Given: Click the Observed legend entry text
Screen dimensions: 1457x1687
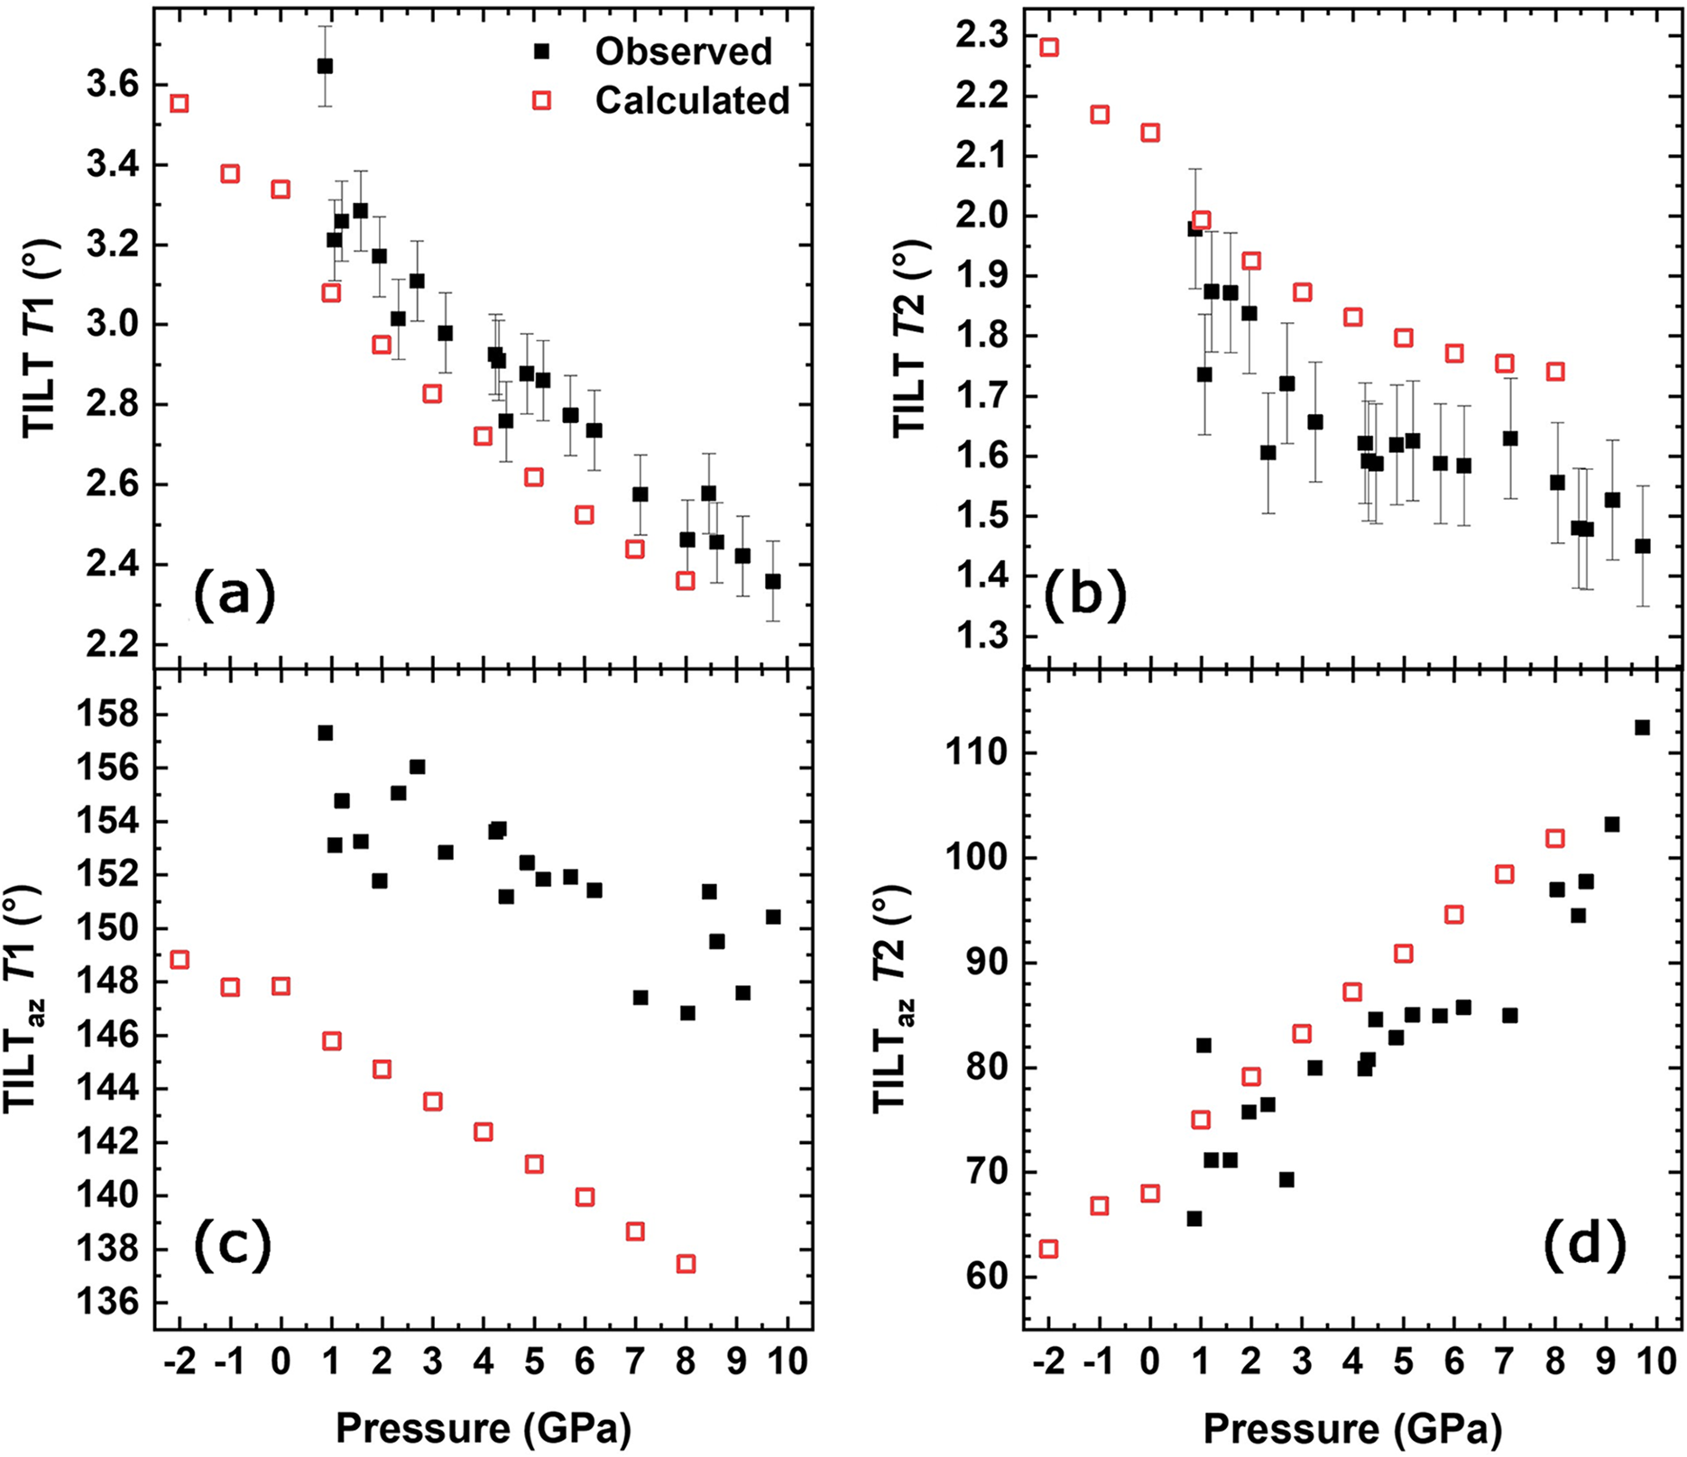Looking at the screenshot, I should pyautogui.click(x=683, y=51).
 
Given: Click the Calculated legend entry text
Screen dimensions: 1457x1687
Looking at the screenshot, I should pyautogui.click(x=692, y=100).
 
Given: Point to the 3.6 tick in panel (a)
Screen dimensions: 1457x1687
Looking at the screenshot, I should pyautogui.click(x=113, y=86).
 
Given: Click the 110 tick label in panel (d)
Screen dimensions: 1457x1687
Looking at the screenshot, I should pyautogui.click(x=975, y=753).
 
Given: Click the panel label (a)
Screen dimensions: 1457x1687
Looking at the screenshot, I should pyautogui.click(x=233, y=596).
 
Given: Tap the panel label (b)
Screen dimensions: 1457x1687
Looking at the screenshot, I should pyautogui.click(x=1085, y=596).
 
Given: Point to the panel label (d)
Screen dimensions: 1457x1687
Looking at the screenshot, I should pyautogui.click(x=1584, y=1245).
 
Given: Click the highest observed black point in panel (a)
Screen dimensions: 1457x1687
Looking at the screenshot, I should pyautogui.click(x=325, y=66).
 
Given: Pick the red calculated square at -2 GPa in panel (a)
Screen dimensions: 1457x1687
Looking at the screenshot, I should pyautogui.click(x=180, y=104).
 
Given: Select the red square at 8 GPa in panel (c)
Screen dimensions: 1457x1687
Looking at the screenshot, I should pyautogui.click(x=686, y=1264).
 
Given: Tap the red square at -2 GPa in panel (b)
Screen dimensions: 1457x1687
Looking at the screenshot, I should pyautogui.click(x=1049, y=47).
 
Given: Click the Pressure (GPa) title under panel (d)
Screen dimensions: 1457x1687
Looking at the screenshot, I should pyautogui.click(x=1352, y=1428).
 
